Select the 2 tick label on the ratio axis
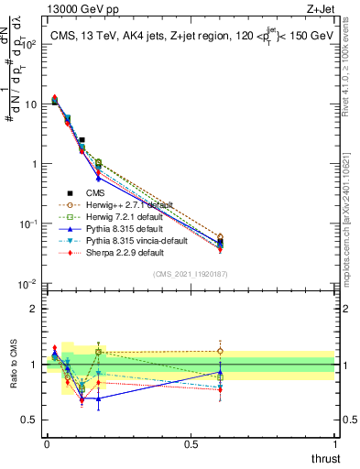35,309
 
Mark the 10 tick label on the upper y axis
31,104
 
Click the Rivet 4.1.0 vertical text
352,69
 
